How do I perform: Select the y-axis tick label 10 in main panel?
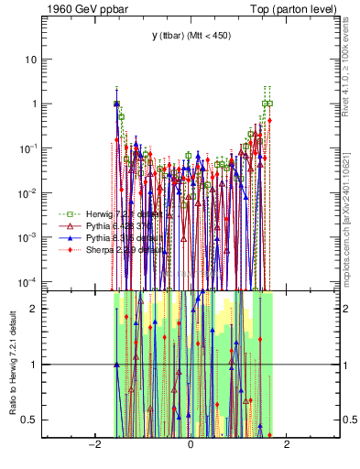click(31, 59)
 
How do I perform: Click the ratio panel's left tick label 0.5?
click(30, 420)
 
